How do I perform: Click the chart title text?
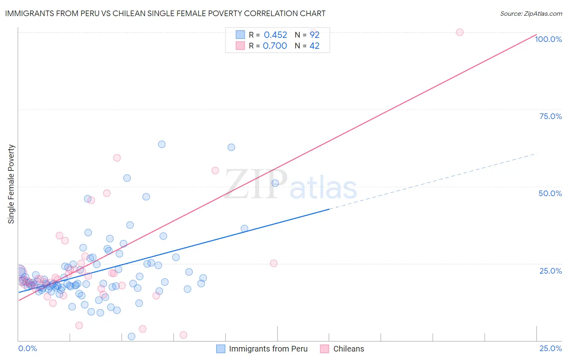[165, 13]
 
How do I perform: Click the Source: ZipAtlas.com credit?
[531, 13]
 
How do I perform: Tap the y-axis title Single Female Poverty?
[11, 184]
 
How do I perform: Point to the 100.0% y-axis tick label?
[548, 39]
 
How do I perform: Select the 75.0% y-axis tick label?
[550, 116]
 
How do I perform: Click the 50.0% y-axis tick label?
[550, 193]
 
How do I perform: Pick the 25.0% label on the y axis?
[550, 270]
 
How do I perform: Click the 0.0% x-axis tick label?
[27, 348]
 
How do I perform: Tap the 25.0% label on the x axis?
[550, 348]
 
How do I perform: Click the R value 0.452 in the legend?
[275, 35]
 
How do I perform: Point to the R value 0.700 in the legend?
[275, 46]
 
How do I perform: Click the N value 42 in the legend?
[314, 46]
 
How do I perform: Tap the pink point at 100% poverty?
[459, 32]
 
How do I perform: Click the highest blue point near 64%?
[162, 144]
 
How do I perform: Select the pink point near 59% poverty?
[117, 158]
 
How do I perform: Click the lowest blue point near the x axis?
[131, 337]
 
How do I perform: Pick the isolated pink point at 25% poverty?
[273, 263]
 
